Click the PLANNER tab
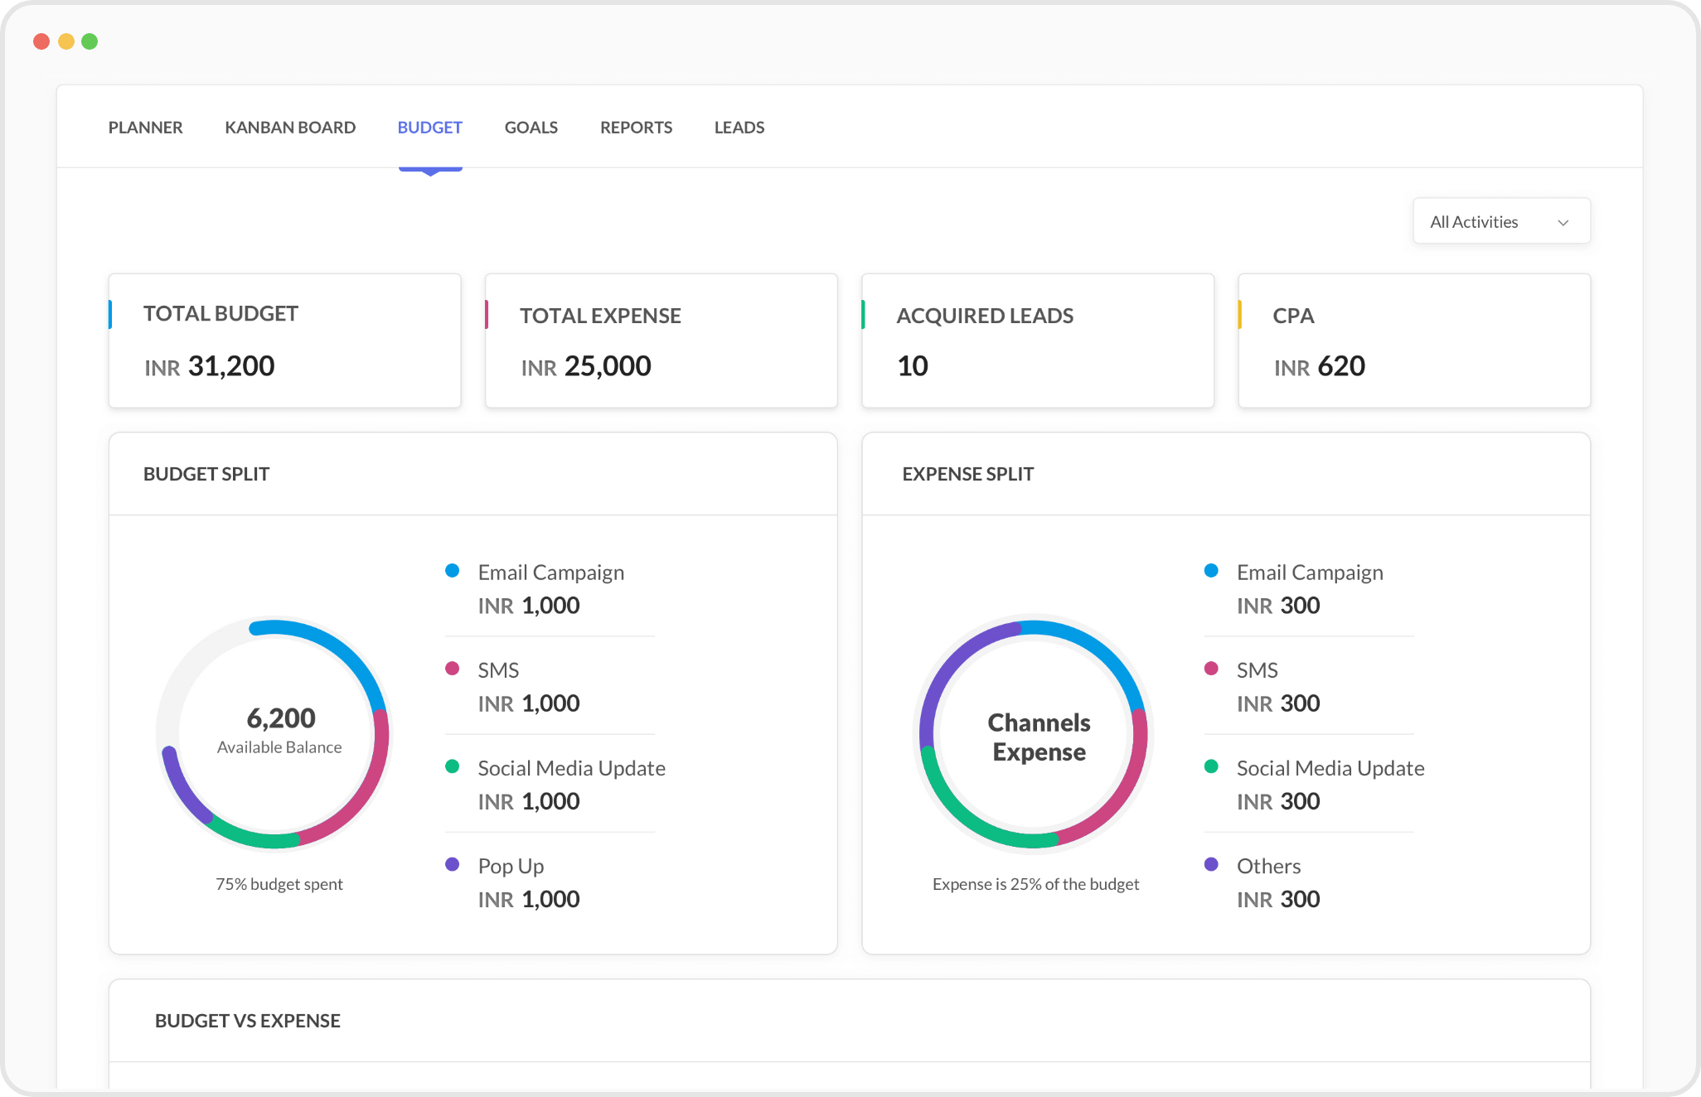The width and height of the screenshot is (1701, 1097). click(x=145, y=128)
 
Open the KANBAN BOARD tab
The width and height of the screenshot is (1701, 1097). click(x=290, y=128)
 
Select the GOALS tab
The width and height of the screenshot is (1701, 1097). click(x=531, y=128)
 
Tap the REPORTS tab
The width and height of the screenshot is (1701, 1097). click(x=636, y=128)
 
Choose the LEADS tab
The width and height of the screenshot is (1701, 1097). click(x=739, y=128)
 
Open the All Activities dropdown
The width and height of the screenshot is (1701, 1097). click(x=1501, y=221)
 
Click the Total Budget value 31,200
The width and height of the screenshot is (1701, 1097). click(x=230, y=366)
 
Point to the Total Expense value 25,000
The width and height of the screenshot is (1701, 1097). click(x=607, y=366)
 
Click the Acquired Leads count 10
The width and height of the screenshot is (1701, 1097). click(x=912, y=366)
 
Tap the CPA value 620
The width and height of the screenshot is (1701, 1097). click(x=1340, y=366)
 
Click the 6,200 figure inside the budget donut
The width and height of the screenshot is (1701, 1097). click(x=281, y=718)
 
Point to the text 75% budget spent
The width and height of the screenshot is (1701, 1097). click(x=279, y=884)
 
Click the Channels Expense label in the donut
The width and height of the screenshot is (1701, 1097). click(x=1039, y=737)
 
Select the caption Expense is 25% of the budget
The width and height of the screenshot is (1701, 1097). click(x=1035, y=884)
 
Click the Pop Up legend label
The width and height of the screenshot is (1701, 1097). click(x=511, y=866)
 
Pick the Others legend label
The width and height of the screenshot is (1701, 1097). click(x=1268, y=866)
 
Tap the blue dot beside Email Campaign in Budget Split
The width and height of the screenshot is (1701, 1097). click(x=453, y=570)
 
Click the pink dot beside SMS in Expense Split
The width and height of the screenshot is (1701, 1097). click(x=1211, y=668)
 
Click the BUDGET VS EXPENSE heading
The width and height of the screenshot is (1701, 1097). click(x=247, y=1021)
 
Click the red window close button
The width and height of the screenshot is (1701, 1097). click(x=41, y=41)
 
